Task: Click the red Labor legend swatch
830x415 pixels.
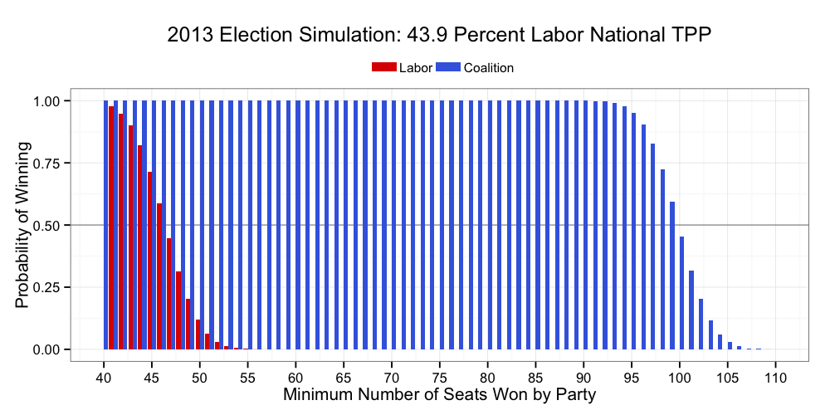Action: [x=384, y=67]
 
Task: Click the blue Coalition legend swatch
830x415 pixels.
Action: [x=448, y=67]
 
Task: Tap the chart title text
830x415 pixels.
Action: [x=439, y=35]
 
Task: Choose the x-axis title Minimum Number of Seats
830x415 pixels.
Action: [x=439, y=394]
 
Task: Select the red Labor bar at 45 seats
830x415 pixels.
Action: [x=150, y=261]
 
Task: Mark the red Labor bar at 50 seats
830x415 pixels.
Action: [x=198, y=334]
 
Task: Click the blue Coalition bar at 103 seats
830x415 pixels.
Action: [x=710, y=334]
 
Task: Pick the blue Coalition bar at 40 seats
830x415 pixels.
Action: [x=105, y=225]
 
